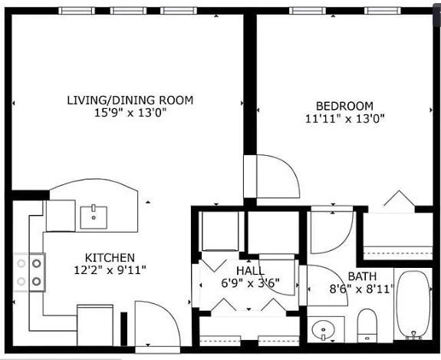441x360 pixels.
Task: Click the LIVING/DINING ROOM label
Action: pos(130,101)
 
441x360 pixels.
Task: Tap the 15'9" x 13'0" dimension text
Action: pos(130,113)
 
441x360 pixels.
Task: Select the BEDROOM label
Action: pos(345,106)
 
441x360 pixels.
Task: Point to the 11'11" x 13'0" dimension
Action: pos(345,119)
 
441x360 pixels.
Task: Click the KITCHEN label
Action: pos(110,258)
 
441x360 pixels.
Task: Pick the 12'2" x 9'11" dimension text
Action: pos(110,270)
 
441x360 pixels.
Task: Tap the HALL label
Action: pos(250,271)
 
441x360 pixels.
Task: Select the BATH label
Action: pos(362,276)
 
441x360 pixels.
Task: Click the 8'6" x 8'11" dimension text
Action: pos(361,289)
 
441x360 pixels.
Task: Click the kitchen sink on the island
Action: pos(94,217)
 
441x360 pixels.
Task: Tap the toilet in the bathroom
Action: pos(367,325)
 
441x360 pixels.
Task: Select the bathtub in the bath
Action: pos(413,305)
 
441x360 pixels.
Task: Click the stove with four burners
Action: pos(29,272)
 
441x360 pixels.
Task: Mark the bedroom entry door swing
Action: pos(278,177)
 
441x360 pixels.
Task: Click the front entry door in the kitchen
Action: pos(157,323)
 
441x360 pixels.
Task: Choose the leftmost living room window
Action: pos(77,11)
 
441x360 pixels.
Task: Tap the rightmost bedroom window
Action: pos(383,11)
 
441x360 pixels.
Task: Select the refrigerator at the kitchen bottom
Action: pos(95,325)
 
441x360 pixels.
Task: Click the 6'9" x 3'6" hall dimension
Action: pos(250,283)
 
